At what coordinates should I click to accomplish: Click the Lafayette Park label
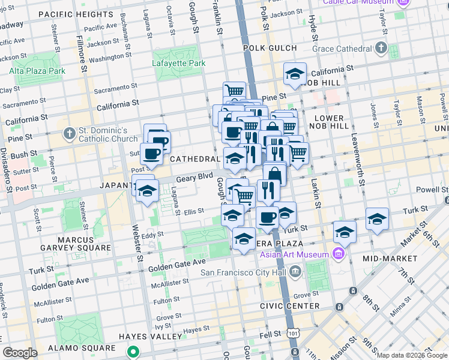coord(179,63)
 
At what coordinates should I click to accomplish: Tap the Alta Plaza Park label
coord(37,71)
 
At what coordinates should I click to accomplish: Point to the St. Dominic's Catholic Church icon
coord(70,133)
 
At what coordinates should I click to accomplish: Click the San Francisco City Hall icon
coord(295,272)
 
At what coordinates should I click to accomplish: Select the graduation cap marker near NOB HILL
coord(295,74)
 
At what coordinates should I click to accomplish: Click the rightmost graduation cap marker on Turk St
coord(377,219)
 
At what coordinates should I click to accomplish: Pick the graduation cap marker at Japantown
coord(146,191)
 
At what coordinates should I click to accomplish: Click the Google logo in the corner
coord(20,353)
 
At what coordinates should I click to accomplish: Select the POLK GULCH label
coord(270,48)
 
